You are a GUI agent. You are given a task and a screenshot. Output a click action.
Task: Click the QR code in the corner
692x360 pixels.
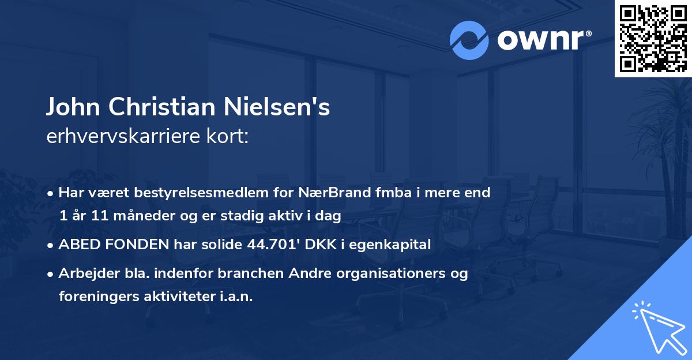click(652, 39)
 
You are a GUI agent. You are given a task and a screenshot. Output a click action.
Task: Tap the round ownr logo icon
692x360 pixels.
click(469, 40)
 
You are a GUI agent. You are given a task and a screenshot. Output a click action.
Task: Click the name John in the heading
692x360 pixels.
click(70, 108)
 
